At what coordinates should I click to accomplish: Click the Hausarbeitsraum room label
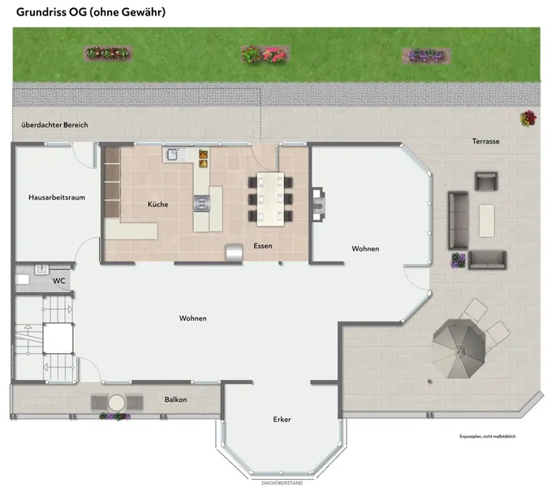[57, 197]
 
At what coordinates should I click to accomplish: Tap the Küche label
[157, 205]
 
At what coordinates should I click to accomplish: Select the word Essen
[263, 246]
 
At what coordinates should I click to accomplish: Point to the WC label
[59, 281]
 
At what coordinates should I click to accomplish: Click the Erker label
[282, 419]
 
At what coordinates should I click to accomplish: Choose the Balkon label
[176, 399]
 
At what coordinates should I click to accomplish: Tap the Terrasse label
[485, 141]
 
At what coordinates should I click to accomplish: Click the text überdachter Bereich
[54, 125]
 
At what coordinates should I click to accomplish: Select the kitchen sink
[173, 154]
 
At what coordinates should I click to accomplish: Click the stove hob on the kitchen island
[202, 204]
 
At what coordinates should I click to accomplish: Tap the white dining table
[270, 199]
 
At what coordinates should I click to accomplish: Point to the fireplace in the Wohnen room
[319, 205]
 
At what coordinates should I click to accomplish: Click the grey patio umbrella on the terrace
[459, 348]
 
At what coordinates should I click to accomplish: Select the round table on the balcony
[116, 403]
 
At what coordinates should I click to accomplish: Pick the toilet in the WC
[22, 280]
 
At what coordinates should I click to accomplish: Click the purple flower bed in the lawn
[426, 55]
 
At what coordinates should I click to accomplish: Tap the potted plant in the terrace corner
[528, 119]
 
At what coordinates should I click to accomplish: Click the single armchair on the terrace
[486, 181]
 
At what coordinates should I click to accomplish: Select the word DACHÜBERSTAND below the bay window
[282, 483]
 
